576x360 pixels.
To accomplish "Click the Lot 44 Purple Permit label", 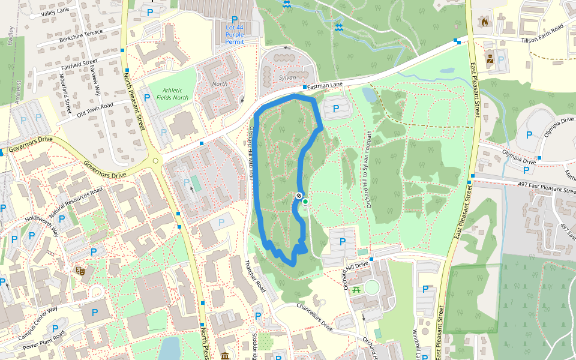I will (235, 35).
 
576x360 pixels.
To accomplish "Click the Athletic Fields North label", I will (172, 94).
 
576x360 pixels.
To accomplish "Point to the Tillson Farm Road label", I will (542, 34).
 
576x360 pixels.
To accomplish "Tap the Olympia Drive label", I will (519, 161).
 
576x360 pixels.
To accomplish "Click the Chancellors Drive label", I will (311, 316).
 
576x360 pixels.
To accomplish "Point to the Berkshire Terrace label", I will (81, 36).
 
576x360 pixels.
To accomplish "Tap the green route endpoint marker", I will (305, 202).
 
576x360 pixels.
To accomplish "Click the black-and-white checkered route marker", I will (299, 196).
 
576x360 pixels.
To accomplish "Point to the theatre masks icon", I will (80, 271).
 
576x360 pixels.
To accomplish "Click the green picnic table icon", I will (356, 289).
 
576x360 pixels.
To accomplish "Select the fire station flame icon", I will (484, 22).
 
